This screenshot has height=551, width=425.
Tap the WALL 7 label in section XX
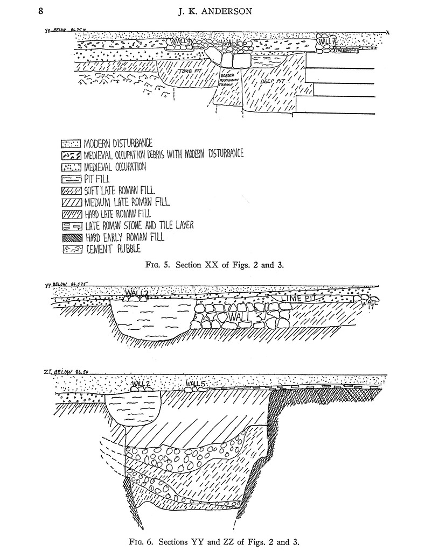point(327,40)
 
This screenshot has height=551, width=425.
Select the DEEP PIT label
point(272,81)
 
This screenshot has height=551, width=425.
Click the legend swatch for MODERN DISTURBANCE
point(71,144)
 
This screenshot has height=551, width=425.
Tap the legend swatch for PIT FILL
point(71,179)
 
